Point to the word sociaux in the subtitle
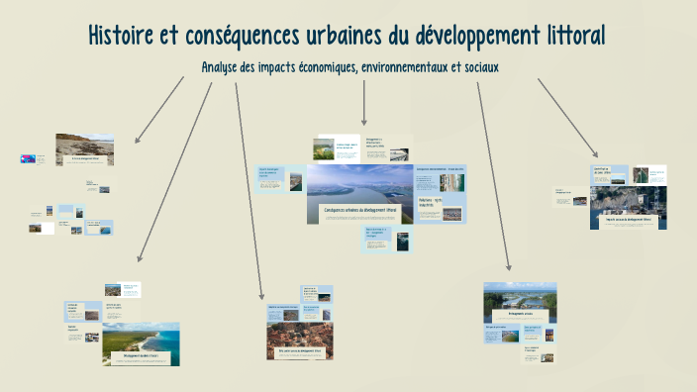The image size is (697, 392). [474, 66]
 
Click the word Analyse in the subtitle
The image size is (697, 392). [223, 66]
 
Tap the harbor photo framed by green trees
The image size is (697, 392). [520, 297]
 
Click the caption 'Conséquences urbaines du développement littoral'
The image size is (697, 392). [360, 211]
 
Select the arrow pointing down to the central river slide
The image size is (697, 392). [364, 103]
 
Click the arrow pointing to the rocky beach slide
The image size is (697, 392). [158, 109]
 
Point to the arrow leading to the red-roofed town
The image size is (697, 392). [249, 188]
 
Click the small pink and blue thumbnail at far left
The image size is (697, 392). [28, 157]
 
